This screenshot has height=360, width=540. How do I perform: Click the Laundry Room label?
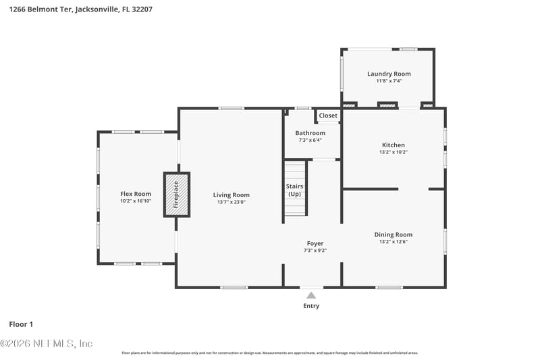pyautogui.click(x=389, y=74)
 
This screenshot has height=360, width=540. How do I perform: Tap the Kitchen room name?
pyautogui.click(x=394, y=145)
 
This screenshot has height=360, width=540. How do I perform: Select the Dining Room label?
pyautogui.click(x=394, y=235)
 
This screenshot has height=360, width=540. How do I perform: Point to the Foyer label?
pyautogui.click(x=315, y=243)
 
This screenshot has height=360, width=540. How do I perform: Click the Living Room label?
pyautogui.click(x=232, y=195)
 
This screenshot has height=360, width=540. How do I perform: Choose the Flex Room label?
pyautogui.click(x=136, y=194)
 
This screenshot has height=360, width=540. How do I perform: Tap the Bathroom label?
pyautogui.click(x=310, y=133)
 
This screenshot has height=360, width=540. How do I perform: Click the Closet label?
pyautogui.click(x=328, y=115)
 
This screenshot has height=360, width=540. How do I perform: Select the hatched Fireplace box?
pyautogui.click(x=177, y=195)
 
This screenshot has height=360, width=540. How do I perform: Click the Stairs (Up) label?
pyautogui.click(x=294, y=190)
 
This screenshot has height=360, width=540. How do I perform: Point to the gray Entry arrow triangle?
pyautogui.click(x=311, y=295)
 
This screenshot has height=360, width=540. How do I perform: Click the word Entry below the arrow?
pyautogui.click(x=311, y=306)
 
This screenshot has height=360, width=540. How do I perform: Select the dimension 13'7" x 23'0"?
pyautogui.click(x=232, y=203)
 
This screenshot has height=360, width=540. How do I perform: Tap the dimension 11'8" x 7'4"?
pyautogui.click(x=389, y=81)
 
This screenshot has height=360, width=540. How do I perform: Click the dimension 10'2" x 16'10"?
pyautogui.click(x=136, y=201)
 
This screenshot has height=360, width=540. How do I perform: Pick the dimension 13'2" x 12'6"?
pyautogui.click(x=394, y=242)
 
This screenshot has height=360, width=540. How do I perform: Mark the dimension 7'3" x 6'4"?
pyautogui.click(x=310, y=140)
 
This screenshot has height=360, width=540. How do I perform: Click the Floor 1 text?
pyautogui.click(x=21, y=324)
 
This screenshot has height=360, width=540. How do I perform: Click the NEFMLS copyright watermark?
pyautogui.click(x=47, y=344)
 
